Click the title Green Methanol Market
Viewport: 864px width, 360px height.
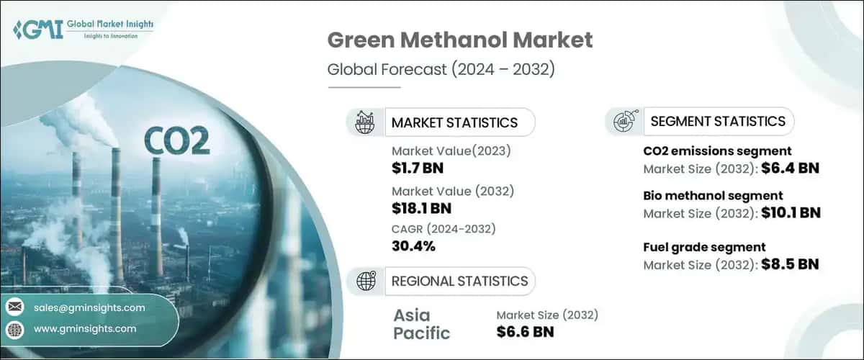click(x=460, y=40)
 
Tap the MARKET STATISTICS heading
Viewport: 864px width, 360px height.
click(x=454, y=122)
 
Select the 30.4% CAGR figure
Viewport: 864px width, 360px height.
click(x=414, y=246)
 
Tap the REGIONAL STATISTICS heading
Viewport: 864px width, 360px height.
click(x=459, y=281)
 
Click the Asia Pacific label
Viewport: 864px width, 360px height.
click(x=422, y=324)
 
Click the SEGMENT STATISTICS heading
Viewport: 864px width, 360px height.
click(x=718, y=121)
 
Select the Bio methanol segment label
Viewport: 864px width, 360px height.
click(x=713, y=196)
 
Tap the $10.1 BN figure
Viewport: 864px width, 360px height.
click(x=792, y=213)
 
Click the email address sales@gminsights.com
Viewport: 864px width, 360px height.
click(x=89, y=307)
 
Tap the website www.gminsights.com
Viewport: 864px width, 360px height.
click(x=85, y=328)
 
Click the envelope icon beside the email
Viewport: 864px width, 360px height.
click(x=15, y=307)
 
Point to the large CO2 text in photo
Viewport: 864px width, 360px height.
click(x=177, y=142)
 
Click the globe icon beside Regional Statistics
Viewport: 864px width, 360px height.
click(x=366, y=281)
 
